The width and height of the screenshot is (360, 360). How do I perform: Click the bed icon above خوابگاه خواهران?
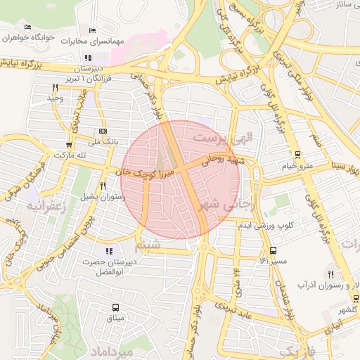coord(27,27)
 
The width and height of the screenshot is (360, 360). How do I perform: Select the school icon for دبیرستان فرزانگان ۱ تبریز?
coord(87,58)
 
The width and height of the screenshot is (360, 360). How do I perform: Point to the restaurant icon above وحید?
coord(55,87)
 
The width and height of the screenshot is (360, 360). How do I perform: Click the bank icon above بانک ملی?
coord(103,131)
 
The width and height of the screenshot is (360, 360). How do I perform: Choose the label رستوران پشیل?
coord(103,197)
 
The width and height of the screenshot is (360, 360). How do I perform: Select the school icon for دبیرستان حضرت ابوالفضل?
coord(108,251)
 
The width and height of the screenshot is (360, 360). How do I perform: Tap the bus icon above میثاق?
coord(115,307)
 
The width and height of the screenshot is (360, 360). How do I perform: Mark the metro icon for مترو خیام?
coord(297,155)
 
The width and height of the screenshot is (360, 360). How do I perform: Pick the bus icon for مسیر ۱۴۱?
coord(273,250)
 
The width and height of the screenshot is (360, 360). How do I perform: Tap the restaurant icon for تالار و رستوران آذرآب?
coord(330,274)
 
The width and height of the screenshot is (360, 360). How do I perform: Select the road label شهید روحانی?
coord(223,160)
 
